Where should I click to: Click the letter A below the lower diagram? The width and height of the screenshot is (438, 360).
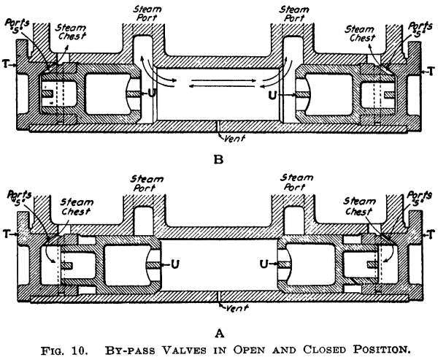click(x=218, y=334)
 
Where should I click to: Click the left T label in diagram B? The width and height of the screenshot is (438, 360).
click(x=6, y=64)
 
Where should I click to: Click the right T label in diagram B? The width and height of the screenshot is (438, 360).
click(x=431, y=72)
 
